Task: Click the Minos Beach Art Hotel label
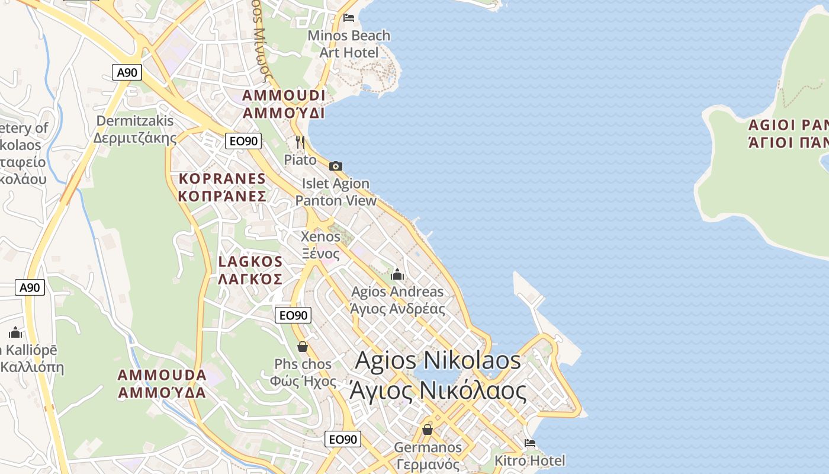click(x=349, y=44)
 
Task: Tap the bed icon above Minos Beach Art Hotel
click(x=349, y=17)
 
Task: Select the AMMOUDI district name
click(x=284, y=104)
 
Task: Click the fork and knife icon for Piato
click(x=300, y=142)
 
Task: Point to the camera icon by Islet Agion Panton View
click(x=336, y=166)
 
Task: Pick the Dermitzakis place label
click(x=135, y=129)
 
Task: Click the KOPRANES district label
click(x=223, y=187)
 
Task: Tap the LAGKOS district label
click(x=250, y=270)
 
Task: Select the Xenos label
click(x=321, y=245)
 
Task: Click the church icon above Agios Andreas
click(x=397, y=274)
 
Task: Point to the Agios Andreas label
click(x=397, y=300)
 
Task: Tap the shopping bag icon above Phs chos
click(x=303, y=347)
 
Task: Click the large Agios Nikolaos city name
click(x=438, y=375)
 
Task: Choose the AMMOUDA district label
click(x=162, y=383)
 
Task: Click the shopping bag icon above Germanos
click(x=428, y=429)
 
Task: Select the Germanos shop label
click(x=428, y=455)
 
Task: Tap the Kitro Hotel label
click(x=530, y=460)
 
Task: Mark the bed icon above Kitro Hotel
click(x=530, y=443)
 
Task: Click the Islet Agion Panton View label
click(x=336, y=192)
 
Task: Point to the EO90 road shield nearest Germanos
click(x=343, y=439)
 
